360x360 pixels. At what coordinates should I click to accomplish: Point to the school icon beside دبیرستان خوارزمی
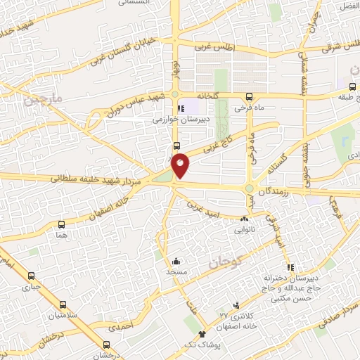181,109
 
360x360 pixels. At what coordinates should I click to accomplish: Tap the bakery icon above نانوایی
245,219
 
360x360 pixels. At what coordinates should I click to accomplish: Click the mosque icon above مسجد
176,261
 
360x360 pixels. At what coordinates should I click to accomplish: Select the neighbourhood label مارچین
44,101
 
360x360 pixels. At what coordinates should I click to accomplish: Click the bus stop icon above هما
62,226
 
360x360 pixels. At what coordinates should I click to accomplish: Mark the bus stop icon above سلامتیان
63,304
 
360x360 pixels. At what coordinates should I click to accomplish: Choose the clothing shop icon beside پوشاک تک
202,334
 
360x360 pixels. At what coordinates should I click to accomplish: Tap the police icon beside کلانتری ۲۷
236,305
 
